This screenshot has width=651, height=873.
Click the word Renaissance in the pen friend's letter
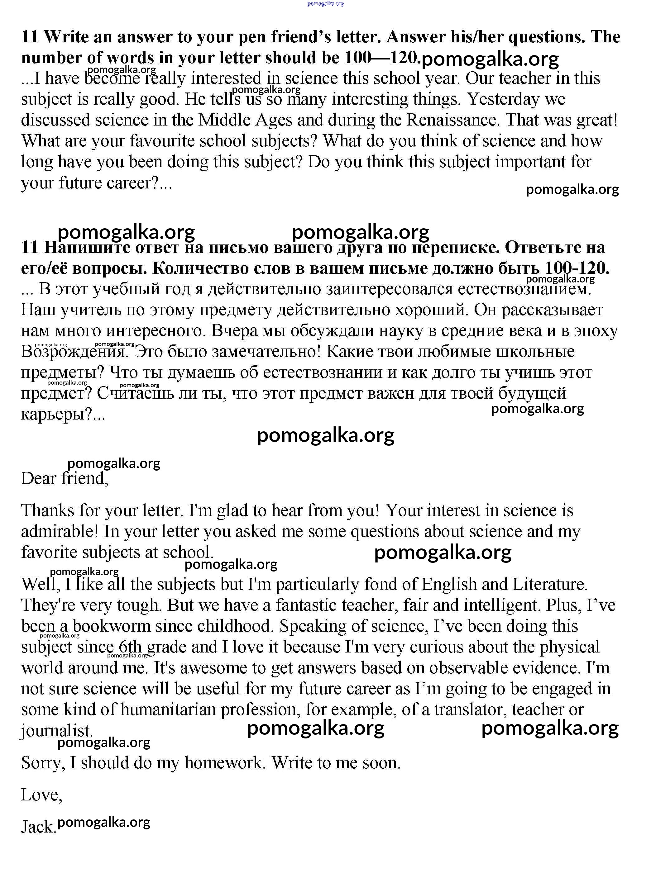(453, 120)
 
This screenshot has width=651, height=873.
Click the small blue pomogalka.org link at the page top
(325, 3)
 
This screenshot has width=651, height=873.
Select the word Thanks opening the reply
(48, 510)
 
